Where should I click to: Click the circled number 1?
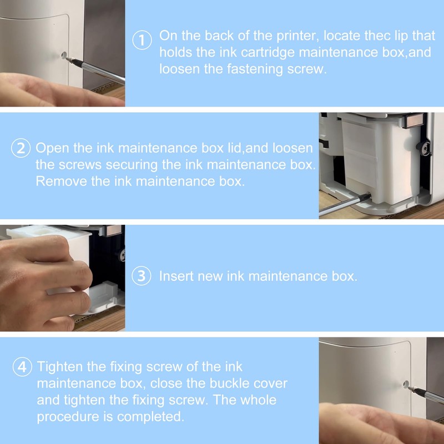point(142,40)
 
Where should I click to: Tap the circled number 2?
point(21,148)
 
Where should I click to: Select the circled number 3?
point(142,276)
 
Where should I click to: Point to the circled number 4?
point(22,367)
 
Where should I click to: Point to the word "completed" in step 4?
point(150,417)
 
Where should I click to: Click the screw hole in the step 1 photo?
point(64,55)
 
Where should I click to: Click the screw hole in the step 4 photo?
point(406,385)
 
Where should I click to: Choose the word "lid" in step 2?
point(234,148)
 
